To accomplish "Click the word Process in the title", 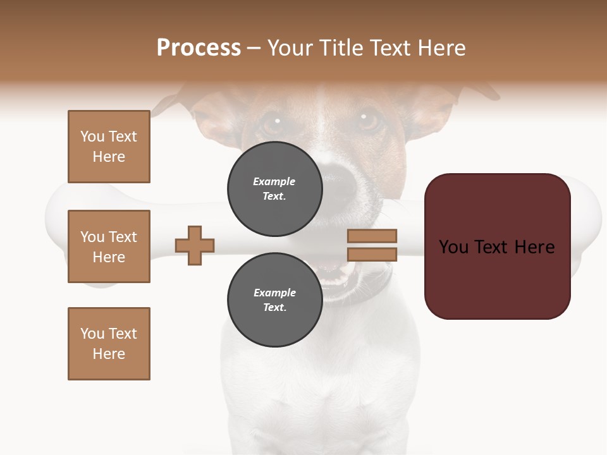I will coord(199,48).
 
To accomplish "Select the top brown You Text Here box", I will coord(109,147).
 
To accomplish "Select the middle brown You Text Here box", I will coord(109,246).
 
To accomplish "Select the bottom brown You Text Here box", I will coord(109,344).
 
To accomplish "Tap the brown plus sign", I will coord(195,245).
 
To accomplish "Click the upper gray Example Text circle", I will coord(274,189).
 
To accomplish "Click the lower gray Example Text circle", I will coord(274,300).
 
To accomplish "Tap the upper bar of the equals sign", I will coord(372,236).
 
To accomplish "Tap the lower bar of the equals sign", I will coord(372,255).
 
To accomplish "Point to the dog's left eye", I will coord(273,121).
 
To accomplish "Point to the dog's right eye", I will coord(367,119).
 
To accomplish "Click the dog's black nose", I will coord(339,174).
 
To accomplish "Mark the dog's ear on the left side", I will coord(169,101).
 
